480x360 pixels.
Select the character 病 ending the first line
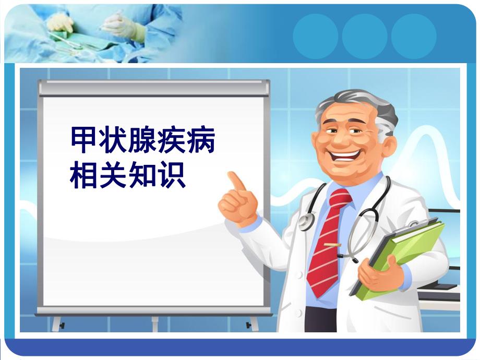[x=201, y=139]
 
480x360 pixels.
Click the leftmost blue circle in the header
[x=316, y=36]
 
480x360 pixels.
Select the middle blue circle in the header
[x=365, y=36]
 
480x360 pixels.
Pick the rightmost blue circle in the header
[x=414, y=36]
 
